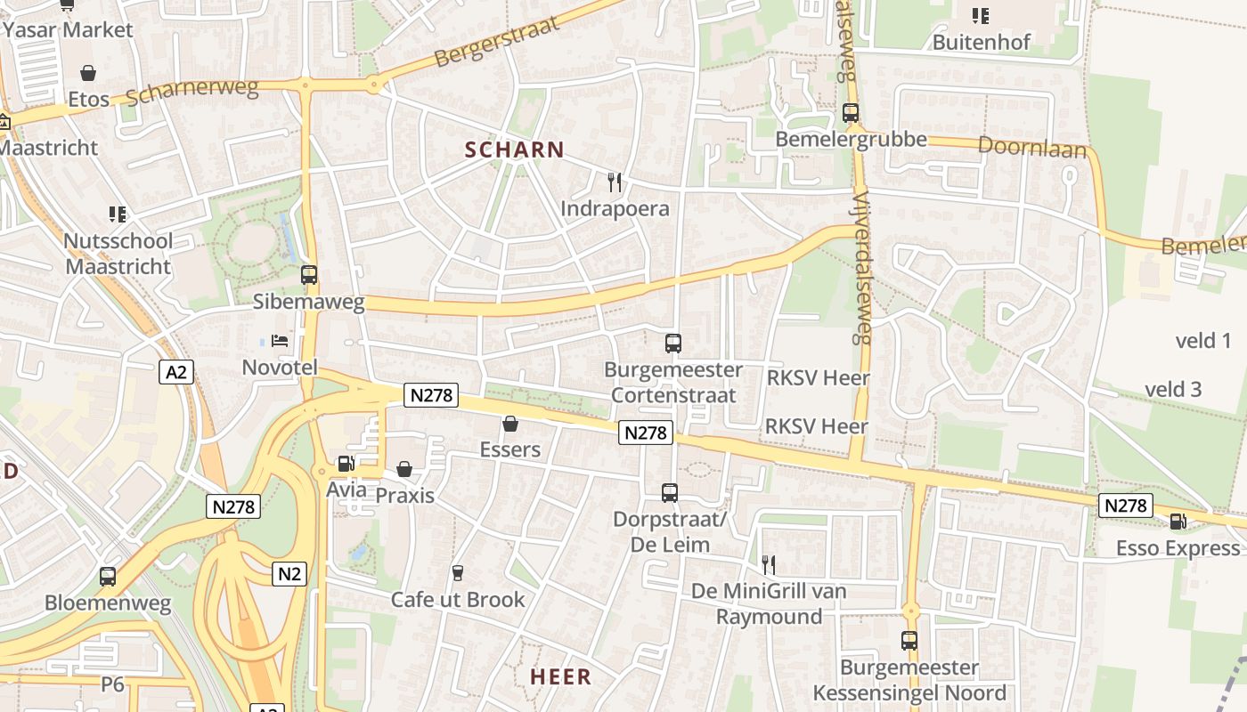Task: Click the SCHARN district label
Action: [x=515, y=150]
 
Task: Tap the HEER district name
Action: [x=561, y=676]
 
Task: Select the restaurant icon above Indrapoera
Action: [x=614, y=182]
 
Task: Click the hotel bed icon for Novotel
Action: [x=280, y=341]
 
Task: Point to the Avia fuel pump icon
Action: [x=346, y=464]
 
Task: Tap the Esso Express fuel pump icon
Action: [x=1178, y=522]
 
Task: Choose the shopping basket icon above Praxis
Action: [x=404, y=468]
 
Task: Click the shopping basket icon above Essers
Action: [x=510, y=424]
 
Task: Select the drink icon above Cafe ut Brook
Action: [x=458, y=572]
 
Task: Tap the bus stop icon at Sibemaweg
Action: [x=309, y=275]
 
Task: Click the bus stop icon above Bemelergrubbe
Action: [x=851, y=113]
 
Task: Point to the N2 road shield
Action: [x=289, y=574]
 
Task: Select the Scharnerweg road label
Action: [x=192, y=92]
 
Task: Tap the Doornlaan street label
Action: [x=1032, y=146]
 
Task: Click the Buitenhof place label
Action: [x=981, y=42]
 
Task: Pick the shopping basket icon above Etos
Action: [x=88, y=72]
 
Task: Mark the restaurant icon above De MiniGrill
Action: [x=769, y=563]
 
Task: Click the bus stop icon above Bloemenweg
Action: [x=108, y=577]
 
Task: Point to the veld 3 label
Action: [x=1173, y=389]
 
